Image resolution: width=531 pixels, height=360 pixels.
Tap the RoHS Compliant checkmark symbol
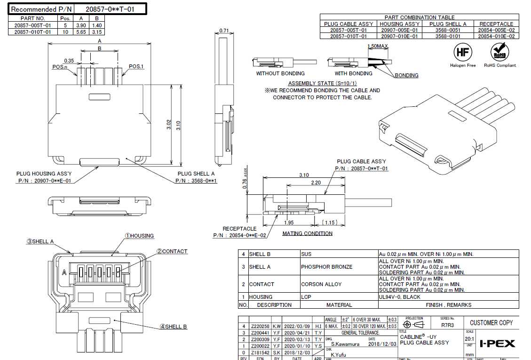500,52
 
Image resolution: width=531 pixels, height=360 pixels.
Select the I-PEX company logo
497,344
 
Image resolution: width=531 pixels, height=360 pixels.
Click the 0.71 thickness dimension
224,31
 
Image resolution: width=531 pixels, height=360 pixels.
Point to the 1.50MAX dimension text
378,46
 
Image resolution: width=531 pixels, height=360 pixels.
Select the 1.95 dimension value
289,222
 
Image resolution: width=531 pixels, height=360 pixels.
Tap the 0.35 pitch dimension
69,61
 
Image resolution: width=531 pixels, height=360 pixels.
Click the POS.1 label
136,66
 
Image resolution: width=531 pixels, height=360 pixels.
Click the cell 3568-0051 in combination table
448,30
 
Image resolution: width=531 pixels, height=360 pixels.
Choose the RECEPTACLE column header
496,24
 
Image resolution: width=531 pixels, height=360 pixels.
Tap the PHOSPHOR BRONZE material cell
326,267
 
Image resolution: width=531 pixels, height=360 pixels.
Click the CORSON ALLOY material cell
321,284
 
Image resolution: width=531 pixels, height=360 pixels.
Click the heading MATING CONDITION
307,233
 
